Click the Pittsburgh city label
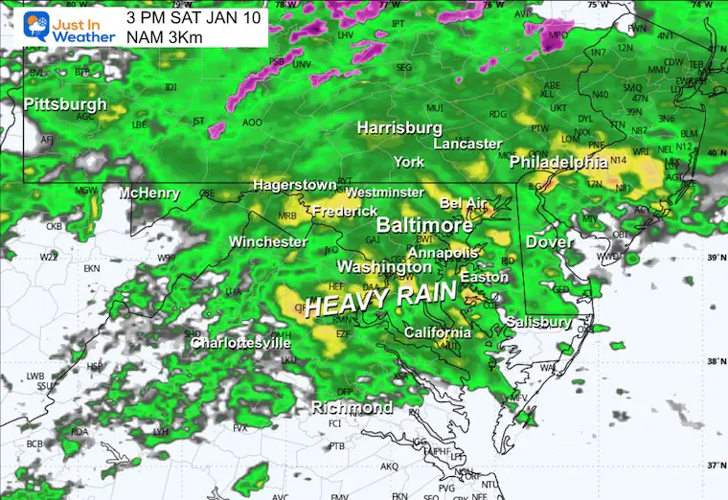(64, 103)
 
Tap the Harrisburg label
(399, 127)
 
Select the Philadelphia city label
(558, 162)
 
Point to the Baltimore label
(424, 225)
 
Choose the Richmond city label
(352, 408)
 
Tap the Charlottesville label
(240, 342)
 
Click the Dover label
(549, 242)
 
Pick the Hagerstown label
(294, 184)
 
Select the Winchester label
(267, 241)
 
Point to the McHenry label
(148, 193)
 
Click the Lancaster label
(467, 144)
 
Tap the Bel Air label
(464, 203)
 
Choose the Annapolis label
(443, 253)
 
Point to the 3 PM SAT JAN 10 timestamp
(193, 16)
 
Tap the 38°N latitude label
(714, 362)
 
